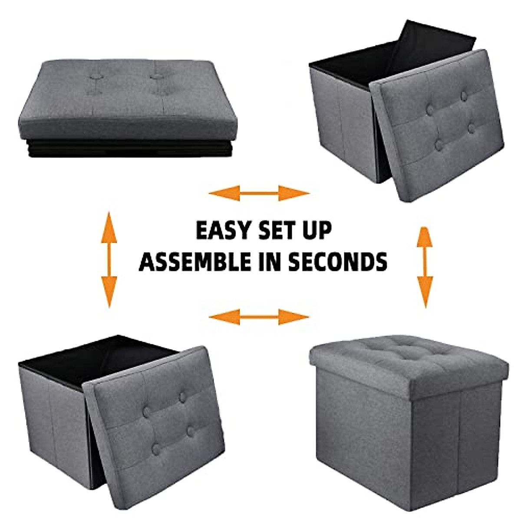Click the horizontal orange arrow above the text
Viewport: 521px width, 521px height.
(x=259, y=193)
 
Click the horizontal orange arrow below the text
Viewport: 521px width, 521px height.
(x=259, y=317)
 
